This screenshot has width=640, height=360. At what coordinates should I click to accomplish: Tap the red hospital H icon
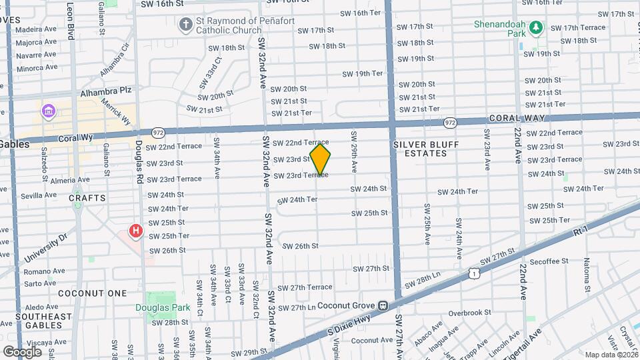(x=136, y=232)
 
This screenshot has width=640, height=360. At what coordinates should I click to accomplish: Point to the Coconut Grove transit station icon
(x=383, y=306)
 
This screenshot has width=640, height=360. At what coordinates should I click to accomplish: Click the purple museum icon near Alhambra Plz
(x=48, y=110)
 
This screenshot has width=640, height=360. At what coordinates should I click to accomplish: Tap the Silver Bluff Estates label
(x=419, y=149)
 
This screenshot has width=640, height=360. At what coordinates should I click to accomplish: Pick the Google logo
(x=22, y=351)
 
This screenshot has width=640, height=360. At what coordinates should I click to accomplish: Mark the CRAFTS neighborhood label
(x=87, y=198)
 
